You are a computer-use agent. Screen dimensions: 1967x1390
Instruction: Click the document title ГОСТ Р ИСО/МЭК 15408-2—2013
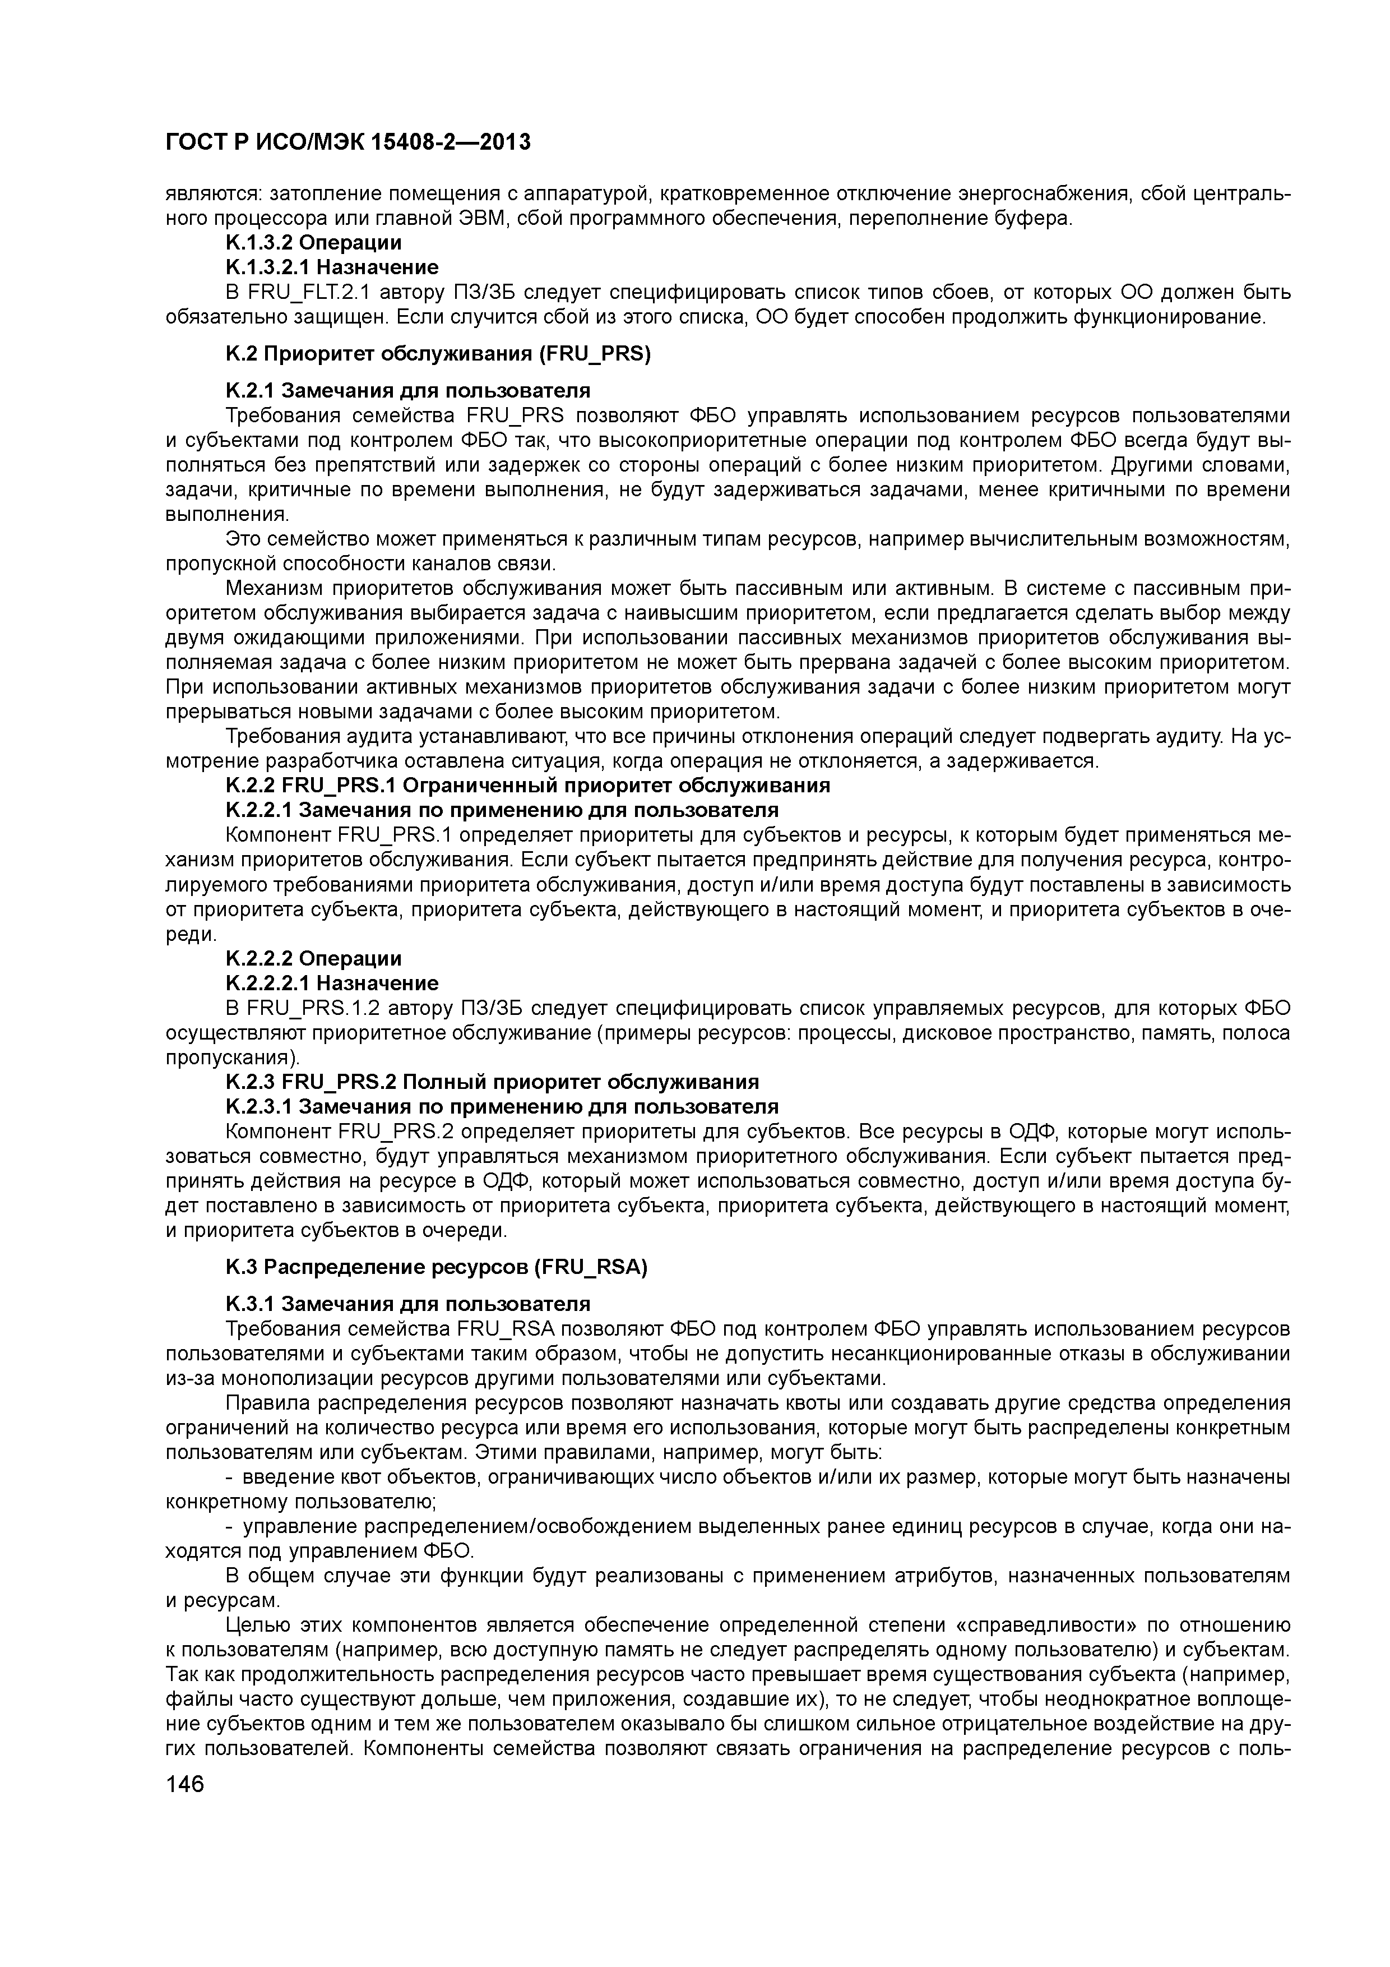[x=347, y=142]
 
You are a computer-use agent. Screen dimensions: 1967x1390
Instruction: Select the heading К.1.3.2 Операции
[x=313, y=243]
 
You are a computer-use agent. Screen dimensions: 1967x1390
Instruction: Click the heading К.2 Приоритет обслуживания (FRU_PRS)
[x=438, y=355]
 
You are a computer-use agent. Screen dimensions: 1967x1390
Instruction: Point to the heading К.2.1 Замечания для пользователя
[x=407, y=391]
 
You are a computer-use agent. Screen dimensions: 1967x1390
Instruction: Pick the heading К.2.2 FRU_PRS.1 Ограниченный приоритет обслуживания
[x=527, y=786]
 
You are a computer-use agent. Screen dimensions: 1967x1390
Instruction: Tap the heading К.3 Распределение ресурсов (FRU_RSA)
[x=436, y=1268]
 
